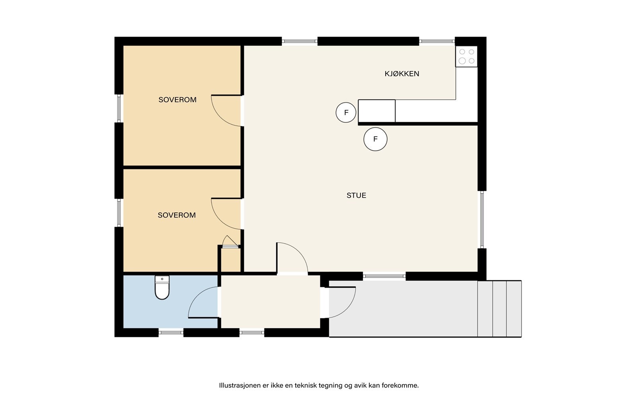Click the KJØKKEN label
coord(402,74)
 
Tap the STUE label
coord(356,195)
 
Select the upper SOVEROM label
coord(177,100)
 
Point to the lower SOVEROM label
coord(176,215)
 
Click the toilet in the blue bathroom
coord(162,287)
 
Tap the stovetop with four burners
coord(467,56)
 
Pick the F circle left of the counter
coord(346,113)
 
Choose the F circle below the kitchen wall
coord(375,139)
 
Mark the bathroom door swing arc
coord(196,295)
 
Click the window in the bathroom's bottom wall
coord(171,333)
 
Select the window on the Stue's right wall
coord(482,220)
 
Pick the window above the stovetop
coord(437,41)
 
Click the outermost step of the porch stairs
coord(514,309)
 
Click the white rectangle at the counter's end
coord(377,111)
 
